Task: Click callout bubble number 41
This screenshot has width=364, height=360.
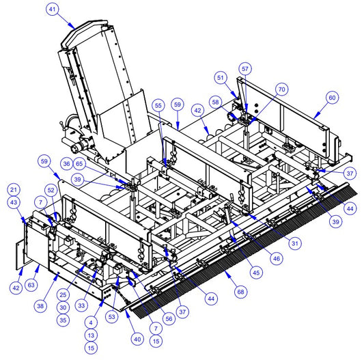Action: pyautogui.click(x=53, y=10)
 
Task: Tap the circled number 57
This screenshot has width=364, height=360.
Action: pyautogui.click(x=245, y=69)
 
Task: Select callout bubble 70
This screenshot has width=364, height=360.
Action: pyautogui.click(x=281, y=89)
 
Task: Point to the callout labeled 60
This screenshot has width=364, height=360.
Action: pyautogui.click(x=332, y=98)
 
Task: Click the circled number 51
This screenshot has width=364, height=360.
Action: pyautogui.click(x=221, y=78)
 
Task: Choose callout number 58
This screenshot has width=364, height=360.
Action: pyautogui.click(x=215, y=102)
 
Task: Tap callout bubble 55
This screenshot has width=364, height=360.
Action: pyautogui.click(x=158, y=105)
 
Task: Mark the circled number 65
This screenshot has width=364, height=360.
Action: pyautogui.click(x=79, y=164)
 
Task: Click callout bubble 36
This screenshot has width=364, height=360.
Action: pyautogui.click(x=67, y=164)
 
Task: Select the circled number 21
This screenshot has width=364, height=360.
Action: pyautogui.click(x=14, y=190)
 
